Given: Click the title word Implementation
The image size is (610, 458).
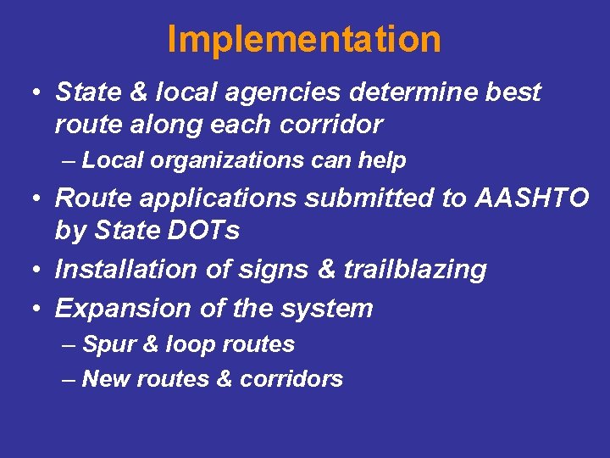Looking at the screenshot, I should click(304, 40).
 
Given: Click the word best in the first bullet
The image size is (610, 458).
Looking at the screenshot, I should click(513, 92).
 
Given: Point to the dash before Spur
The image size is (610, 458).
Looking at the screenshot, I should click(69, 345).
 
